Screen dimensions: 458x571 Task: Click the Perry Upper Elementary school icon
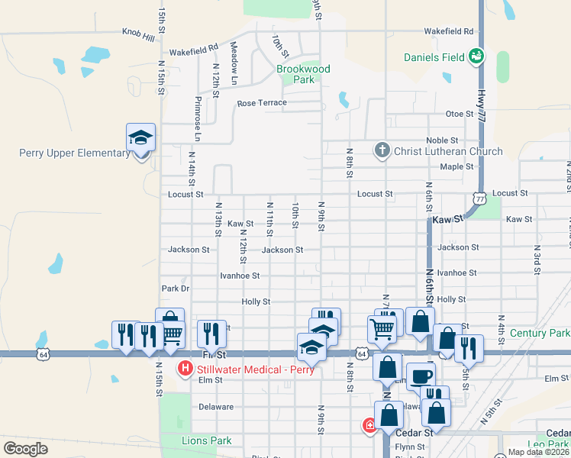point(141,138)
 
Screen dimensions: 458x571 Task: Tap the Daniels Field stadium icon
point(476,56)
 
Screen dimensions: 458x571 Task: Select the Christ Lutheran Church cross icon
point(382,150)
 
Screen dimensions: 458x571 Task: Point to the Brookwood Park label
point(303,74)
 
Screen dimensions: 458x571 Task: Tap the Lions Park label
point(206,440)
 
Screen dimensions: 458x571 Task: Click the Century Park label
point(539,334)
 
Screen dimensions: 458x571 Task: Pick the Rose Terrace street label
point(262,103)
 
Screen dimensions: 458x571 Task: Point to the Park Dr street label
point(175,289)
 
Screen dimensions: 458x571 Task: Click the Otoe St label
point(460,114)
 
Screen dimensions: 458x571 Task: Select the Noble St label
point(442,140)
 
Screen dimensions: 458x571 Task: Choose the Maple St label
point(457,166)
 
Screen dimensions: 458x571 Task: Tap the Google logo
point(26,449)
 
